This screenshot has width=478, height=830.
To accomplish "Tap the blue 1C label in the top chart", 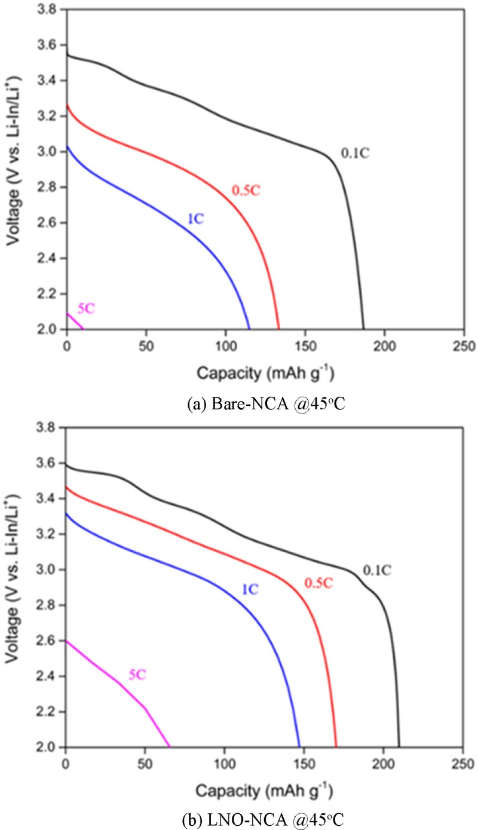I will click(196, 219).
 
